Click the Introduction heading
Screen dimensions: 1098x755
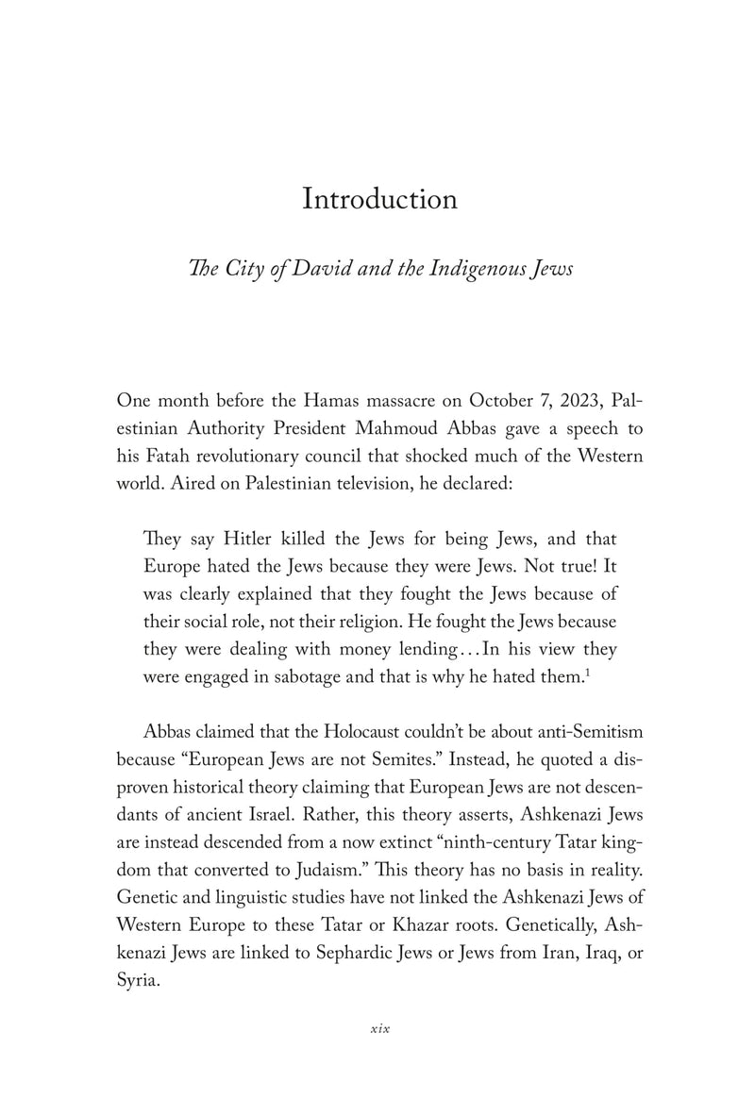(379, 200)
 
